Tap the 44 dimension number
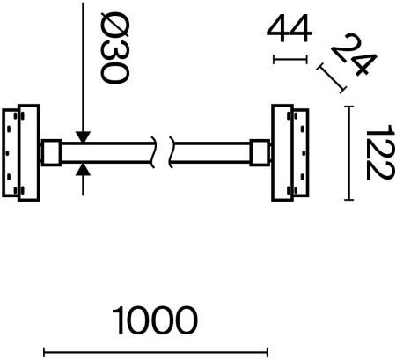(x=290, y=29)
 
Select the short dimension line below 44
(x=290, y=60)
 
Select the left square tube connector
(x=50, y=152)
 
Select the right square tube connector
(x=261, y=152)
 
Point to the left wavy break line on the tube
(x=155, y=152)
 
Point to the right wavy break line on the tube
(x=172, y=152)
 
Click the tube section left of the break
(x=110, y=152)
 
